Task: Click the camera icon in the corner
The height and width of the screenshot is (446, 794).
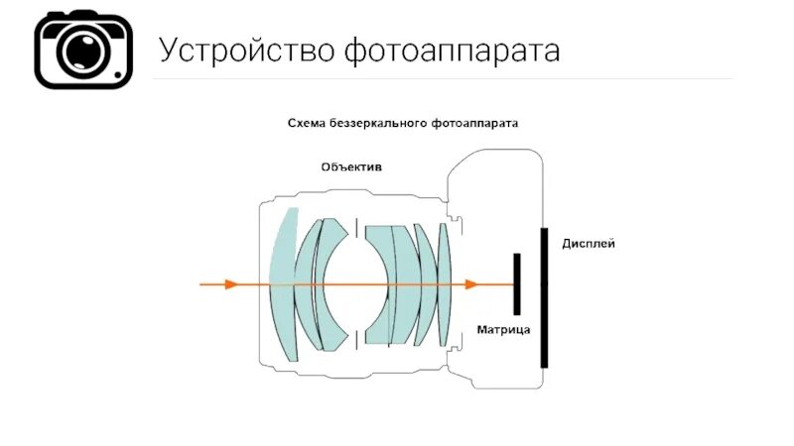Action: (x=83, y=51)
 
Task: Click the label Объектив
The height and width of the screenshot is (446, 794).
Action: (x=350, y=167)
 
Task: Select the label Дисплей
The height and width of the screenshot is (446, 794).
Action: (x=589, y=243)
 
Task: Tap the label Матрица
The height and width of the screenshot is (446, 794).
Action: (x=503, y=328)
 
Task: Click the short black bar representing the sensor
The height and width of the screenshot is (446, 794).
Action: (x=516, y=284)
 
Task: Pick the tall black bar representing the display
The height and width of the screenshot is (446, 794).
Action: (x=543, y=297)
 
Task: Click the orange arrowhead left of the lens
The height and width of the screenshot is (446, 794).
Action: (x=231, y=284)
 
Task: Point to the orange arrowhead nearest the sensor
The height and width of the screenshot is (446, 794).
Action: (x=470, y=284)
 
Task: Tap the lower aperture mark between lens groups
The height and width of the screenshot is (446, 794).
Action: (x=355, y=341)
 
